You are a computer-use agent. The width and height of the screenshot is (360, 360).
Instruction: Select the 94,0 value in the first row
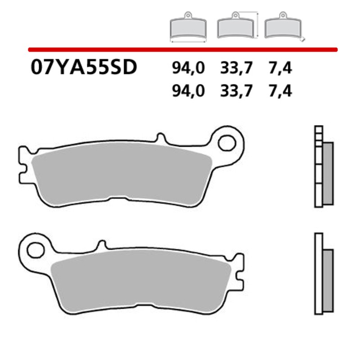(x=188, y=68)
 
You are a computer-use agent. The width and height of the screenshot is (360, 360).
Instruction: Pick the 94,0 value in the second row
(x=188, y=91)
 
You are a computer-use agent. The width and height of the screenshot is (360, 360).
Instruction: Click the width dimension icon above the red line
(x=188, y=28)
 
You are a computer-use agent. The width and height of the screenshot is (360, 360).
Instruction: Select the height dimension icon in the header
(x=237, y=27)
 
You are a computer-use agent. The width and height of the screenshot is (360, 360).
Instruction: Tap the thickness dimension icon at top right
(x=284, y=28)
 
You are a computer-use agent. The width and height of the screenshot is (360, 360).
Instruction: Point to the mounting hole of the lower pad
(x=34, y=248)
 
